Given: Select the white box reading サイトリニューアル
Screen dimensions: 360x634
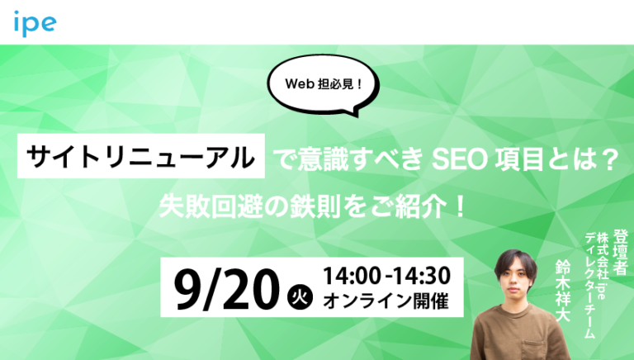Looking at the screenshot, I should [141, 155].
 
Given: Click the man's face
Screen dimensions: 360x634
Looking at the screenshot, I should [514, 285].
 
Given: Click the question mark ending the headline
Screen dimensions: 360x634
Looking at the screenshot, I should [612, 156].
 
